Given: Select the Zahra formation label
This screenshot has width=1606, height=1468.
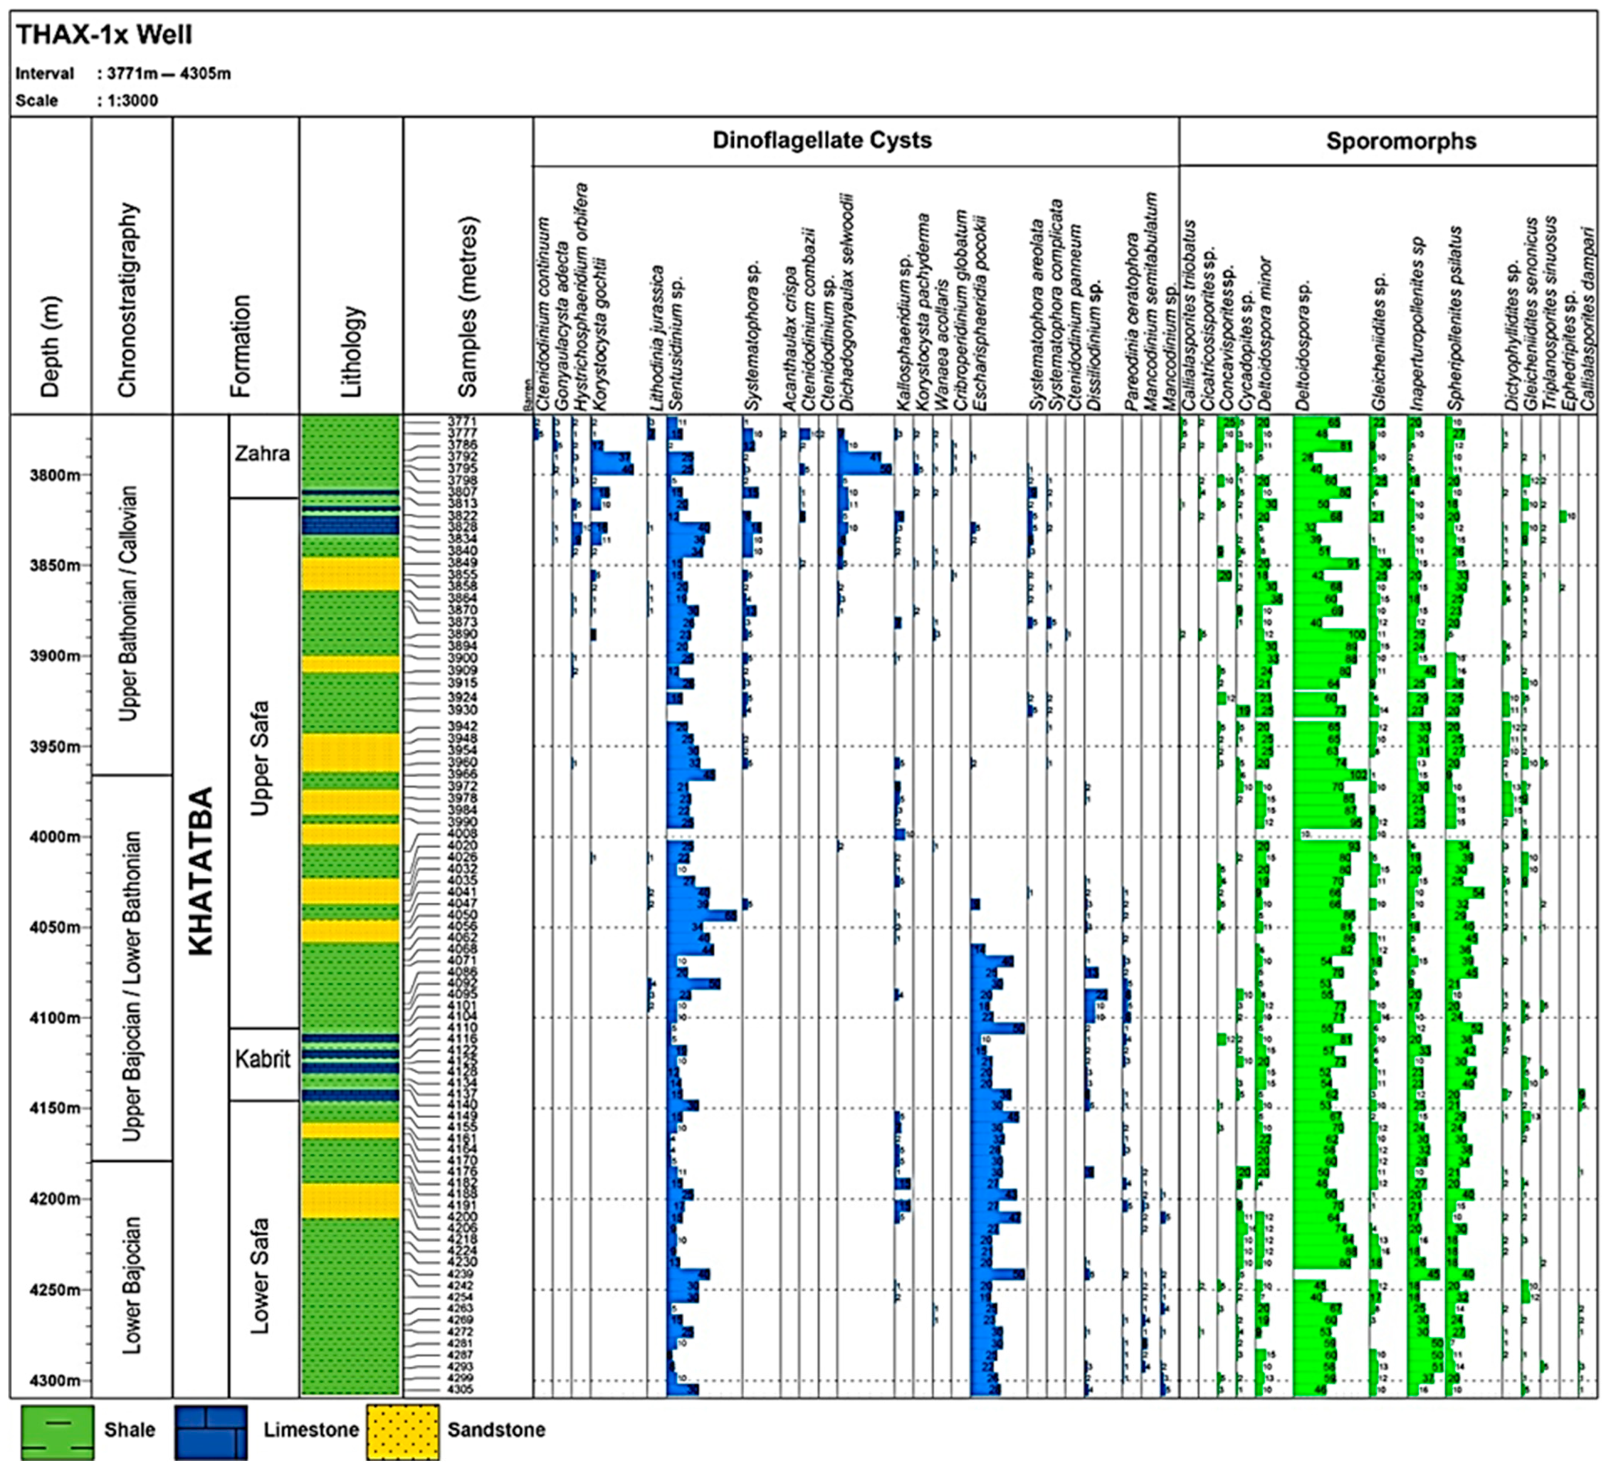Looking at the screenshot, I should click(262, 454).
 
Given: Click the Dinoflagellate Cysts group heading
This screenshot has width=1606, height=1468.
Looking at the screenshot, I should click(822, 141).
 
